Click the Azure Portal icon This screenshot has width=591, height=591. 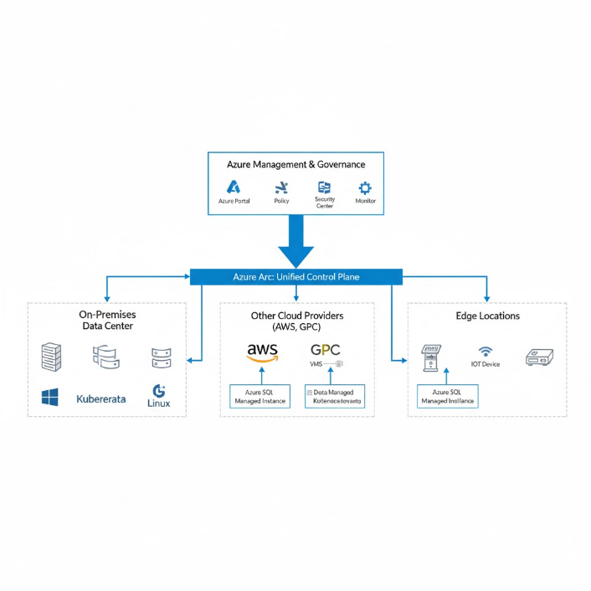coord(234,187)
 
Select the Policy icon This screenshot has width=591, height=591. coord(281,187)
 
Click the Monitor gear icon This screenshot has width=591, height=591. coord(365,188)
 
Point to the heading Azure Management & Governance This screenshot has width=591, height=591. coord(295,165)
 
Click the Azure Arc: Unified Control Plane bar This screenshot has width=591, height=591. coord(296,276)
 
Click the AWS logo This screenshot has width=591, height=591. coord(262,352)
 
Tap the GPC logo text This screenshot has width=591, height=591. coord(326,350)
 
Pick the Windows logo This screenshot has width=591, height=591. coord(50,398)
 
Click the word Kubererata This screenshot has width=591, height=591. coord(100,398)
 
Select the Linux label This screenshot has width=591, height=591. coord(158,403)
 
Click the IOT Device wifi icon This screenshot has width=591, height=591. coord(485,352)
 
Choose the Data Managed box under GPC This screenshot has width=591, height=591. coord(335,397)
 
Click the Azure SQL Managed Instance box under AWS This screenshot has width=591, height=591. coord(260,397)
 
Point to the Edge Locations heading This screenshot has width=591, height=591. coord(487,316)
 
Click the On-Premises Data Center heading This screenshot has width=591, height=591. coord(107,320)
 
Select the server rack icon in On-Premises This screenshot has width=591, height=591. coord(52,357)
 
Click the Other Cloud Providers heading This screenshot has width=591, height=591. coord(296,321)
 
